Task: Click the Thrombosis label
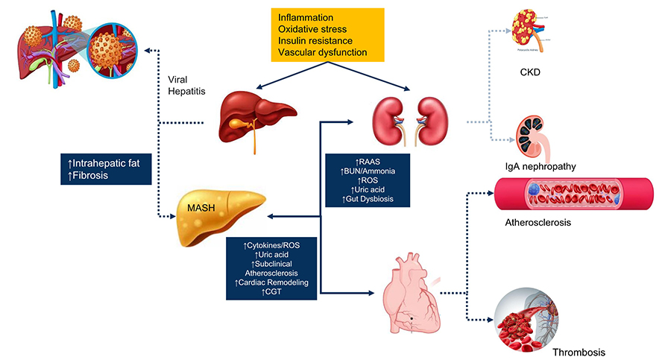coord(579,350)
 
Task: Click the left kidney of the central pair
coord(389,116)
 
